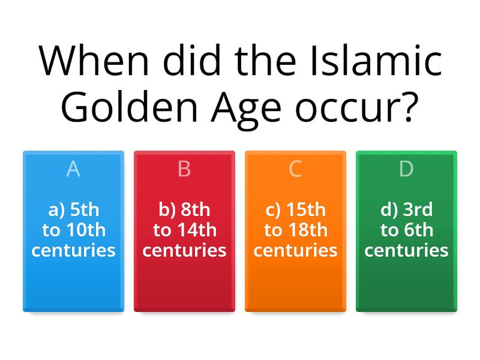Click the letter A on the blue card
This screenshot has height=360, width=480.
click(x=73, y=170)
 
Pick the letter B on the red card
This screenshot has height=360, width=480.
click(x=184, y=170)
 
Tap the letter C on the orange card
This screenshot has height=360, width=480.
click(x=295, y=170)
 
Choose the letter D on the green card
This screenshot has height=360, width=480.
click(x=406, y=170)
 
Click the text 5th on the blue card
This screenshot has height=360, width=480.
click(x=84, y=210)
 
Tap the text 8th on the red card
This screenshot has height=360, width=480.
click(x=196, y=210)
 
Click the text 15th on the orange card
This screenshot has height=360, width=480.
click(x=306, y=210)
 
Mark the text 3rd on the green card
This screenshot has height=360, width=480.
click(x=418, y=210)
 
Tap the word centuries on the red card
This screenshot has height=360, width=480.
click(x=184, y=250)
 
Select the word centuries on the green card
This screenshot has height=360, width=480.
click(x=406, y=250)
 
